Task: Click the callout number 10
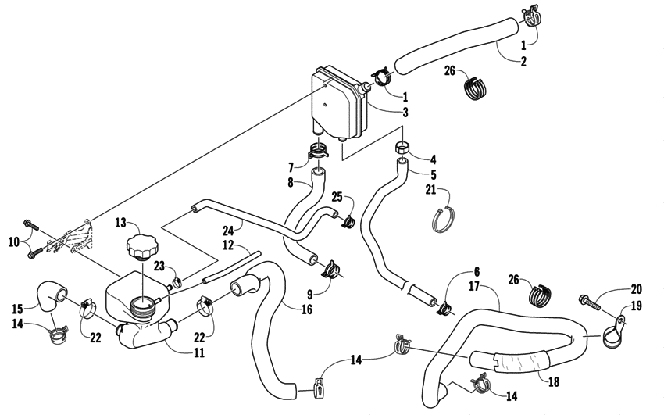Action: (12, 242)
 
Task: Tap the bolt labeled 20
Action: (592, 299)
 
